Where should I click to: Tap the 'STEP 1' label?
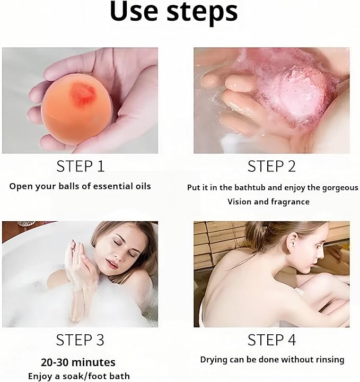pos(80,166)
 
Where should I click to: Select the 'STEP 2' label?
pos(271,166)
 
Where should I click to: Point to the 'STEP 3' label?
pos(80,340)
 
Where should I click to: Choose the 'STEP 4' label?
pos(271,340)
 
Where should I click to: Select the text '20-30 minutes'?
pos(78,363)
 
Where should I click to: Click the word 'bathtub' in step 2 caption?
pos(255,188)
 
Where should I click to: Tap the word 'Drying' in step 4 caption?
pos(214,360)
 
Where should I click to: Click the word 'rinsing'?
pos(328,360)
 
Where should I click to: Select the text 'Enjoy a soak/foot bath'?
pos(78,377)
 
